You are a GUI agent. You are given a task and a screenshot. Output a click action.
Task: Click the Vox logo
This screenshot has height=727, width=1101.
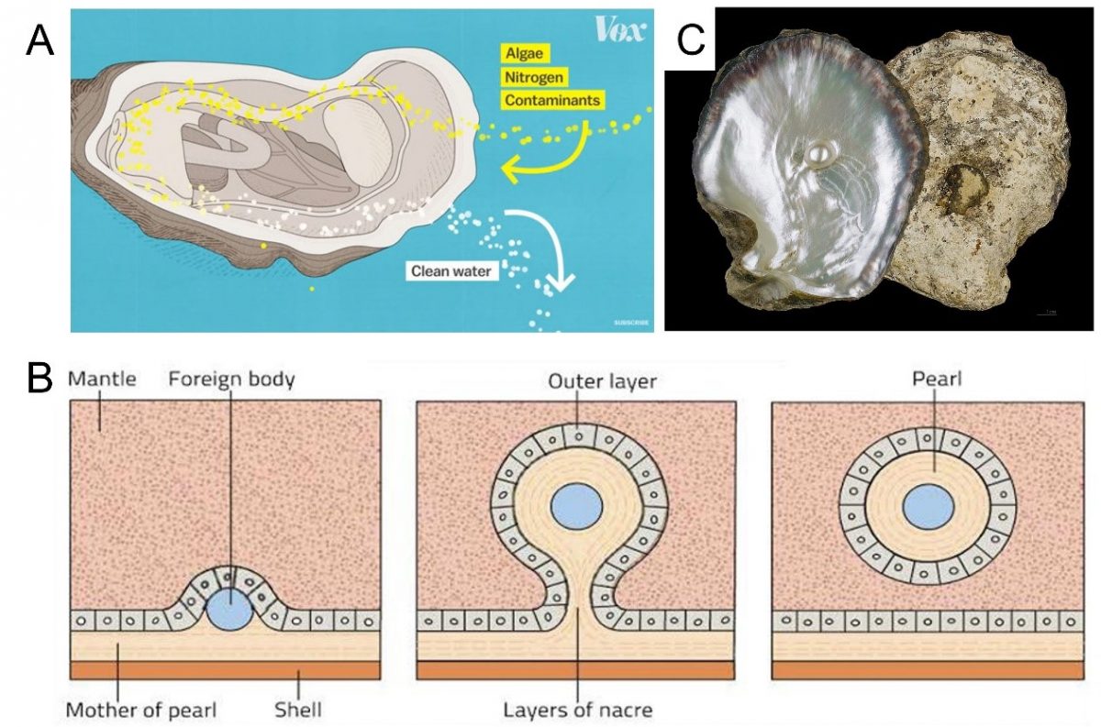click(x=619, y=30)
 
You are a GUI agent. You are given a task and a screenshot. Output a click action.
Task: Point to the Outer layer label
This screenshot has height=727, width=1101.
click(x=577, y=380)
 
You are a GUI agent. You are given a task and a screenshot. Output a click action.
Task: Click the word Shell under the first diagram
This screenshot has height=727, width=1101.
click(x=298, y=708)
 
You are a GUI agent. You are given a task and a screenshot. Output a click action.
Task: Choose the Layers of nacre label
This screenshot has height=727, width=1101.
click(x=577, y=708)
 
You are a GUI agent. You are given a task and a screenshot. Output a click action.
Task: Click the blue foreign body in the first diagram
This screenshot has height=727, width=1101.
click(x=228, y=609)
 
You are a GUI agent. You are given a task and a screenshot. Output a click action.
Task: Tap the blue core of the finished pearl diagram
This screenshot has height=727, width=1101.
click(x=928, y=507)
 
